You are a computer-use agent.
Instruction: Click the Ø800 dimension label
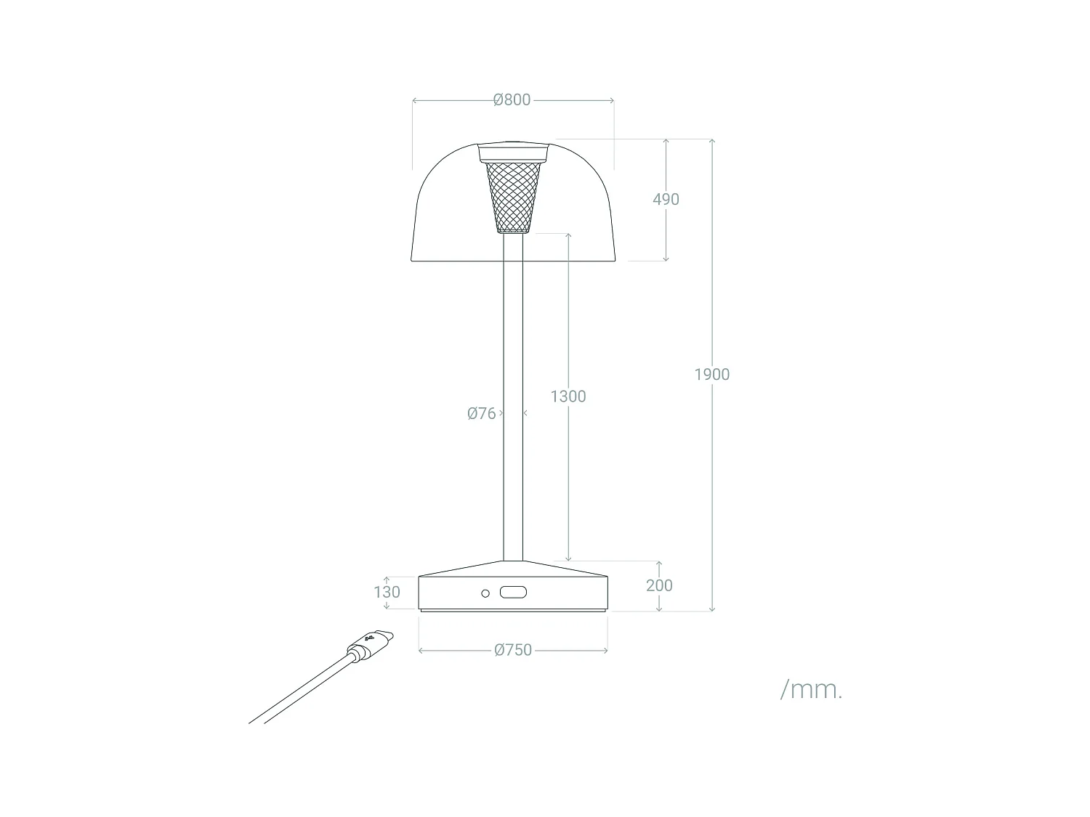coord(512,100)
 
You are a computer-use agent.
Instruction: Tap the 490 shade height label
coord(666,199)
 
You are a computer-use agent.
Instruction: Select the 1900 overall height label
coord(711,375)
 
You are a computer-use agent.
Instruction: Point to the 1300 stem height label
coord(568,397)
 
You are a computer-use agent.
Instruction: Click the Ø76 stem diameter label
coord(481,414)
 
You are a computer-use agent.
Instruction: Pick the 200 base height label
coord(659,585)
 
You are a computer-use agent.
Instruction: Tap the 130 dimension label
coord(387,592)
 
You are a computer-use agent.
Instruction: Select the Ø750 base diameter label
coord(513,651)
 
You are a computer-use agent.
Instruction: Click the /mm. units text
coord(811,689)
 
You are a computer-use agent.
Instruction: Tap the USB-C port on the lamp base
coord(513,593)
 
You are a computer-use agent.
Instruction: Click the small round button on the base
coord(485,593)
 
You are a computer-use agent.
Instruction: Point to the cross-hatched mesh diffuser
coord(513,196)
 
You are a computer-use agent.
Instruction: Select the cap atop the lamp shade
coord(513,152)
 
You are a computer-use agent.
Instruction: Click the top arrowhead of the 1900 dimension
coord(711,141)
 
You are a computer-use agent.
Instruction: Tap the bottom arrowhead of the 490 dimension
coord(666,258)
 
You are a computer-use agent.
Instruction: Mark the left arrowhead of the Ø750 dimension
coord(421,651)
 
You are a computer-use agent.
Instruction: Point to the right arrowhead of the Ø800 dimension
coord(612,100)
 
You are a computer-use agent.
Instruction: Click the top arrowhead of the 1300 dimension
coord(568,236)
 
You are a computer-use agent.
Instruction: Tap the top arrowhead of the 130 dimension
coord(387,578)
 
